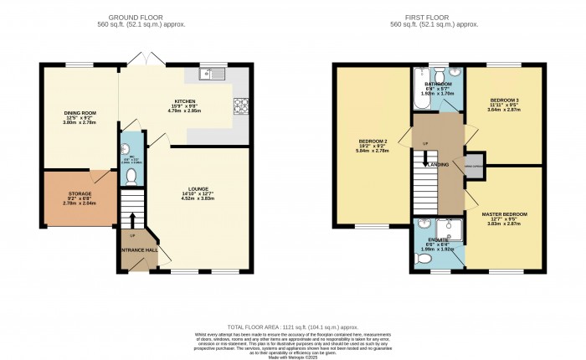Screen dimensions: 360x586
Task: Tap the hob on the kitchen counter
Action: [x=241, y=105]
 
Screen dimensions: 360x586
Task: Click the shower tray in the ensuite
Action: [x=450, y=227]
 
